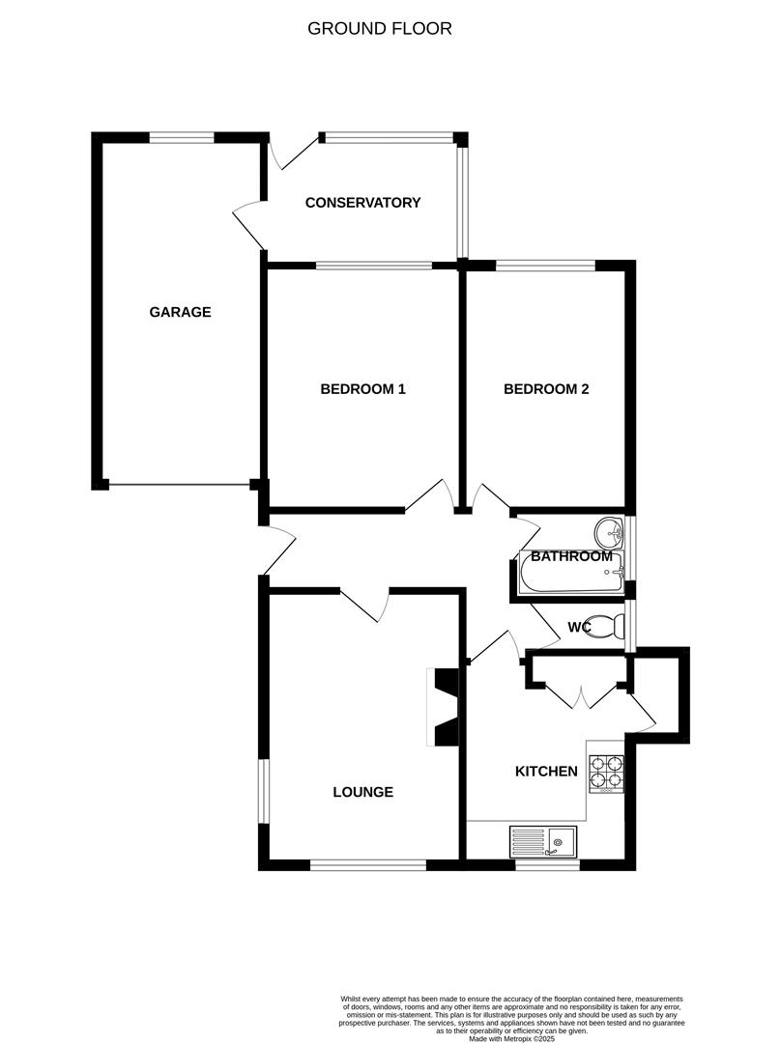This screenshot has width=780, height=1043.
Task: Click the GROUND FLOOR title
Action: coord(379,28)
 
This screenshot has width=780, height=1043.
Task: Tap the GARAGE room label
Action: coord(180,312)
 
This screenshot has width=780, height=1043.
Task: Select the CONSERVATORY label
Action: coord(362,203)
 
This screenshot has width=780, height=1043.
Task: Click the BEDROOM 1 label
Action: coord(362,389)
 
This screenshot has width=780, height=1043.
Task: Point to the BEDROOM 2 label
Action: coord(546,389)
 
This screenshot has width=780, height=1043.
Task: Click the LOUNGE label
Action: coord(362,792)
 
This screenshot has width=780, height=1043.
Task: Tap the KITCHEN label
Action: coord(546,771)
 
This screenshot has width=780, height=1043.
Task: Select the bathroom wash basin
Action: coord(609,530)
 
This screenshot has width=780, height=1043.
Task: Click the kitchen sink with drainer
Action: coord(543,841)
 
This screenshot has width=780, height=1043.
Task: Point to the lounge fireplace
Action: coord(443,708)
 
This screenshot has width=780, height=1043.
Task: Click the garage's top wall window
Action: coord(182,138)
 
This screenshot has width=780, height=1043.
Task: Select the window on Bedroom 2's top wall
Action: coord(546,265)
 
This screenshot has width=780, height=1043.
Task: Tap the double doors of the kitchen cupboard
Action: coord(580,693)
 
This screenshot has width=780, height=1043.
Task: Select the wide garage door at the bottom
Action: coord(179,485)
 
